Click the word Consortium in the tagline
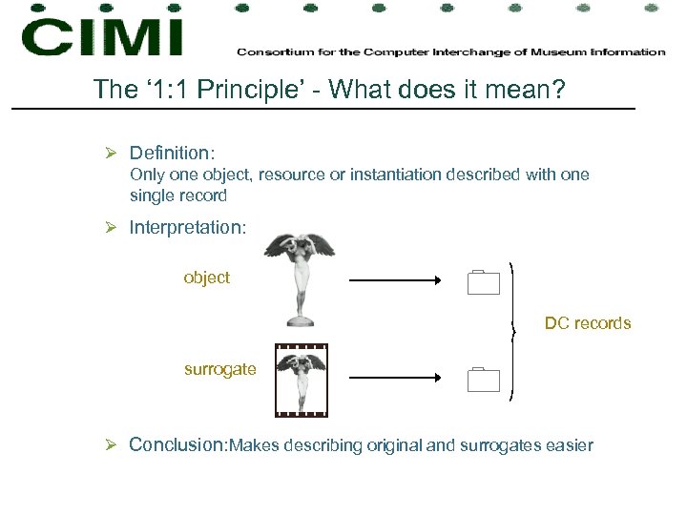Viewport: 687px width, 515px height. [x=271, y=51]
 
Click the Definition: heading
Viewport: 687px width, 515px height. [x=173, y=153]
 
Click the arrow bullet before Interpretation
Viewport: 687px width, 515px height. [x=112, y=228]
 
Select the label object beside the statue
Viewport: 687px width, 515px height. [x=207, y=278]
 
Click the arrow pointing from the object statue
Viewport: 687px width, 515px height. [x=394, y=280]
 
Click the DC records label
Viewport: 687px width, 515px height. [x=588, y=323]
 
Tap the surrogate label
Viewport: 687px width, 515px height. [x=219, y=369]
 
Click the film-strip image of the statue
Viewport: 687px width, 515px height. [x=301, y=381]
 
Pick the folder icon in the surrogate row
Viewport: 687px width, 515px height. [x=485, y=380]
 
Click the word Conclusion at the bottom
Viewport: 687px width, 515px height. [x=177, y=444]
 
